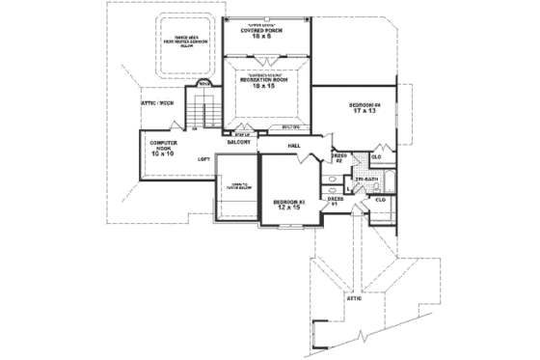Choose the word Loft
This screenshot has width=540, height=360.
(x=204, y=158)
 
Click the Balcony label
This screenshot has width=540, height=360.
(x=240, y=142)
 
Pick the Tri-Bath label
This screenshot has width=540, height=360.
(x=366, y=179)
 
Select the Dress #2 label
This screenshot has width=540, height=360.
(x=338, y=157)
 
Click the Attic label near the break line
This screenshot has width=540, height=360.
(x=354, y=298)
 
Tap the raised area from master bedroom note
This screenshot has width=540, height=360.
(x=182, y=43)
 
